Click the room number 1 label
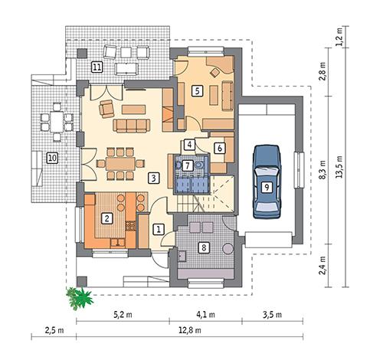159,228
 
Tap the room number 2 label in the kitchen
108,218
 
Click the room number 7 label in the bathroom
188,165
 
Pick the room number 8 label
203,247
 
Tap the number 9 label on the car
266,186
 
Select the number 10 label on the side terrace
52,158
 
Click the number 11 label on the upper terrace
97,67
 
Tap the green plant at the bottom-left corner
79,296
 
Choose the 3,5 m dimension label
271,314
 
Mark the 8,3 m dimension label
322,169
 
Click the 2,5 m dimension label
53,331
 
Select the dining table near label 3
117,162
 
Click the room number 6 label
219,148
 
